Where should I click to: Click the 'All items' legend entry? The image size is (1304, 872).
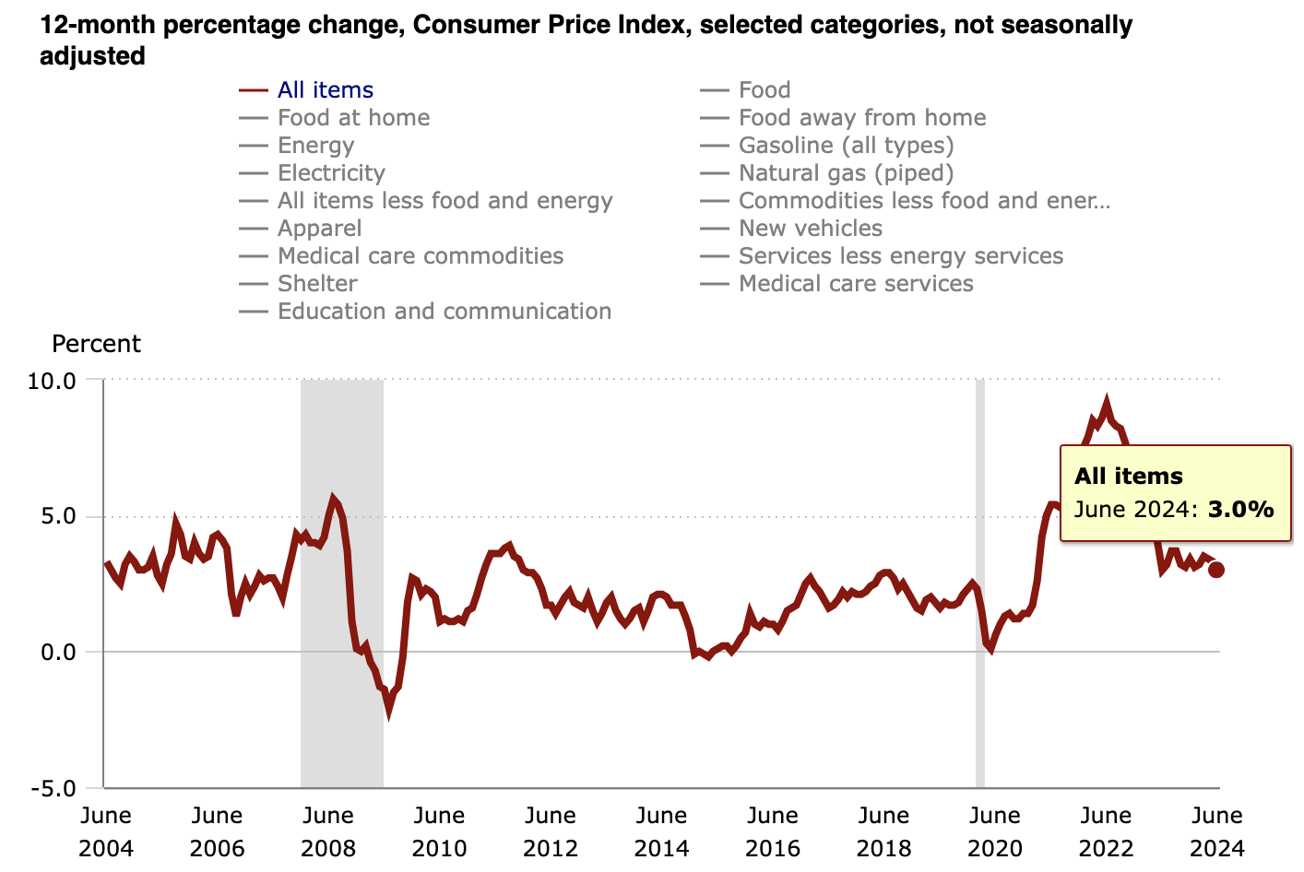click(325, 90)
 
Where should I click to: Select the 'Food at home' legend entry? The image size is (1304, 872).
click(353, 118)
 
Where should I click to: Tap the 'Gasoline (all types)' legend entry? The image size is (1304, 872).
click(846, 146)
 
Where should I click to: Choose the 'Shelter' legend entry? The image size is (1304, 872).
click(317, 284)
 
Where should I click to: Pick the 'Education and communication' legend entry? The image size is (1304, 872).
click(444, 312)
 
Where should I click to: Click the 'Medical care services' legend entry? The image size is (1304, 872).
click(855, 284)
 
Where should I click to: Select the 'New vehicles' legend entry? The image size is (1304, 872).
click(810, 229)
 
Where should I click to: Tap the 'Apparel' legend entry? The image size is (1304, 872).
click(319, 229)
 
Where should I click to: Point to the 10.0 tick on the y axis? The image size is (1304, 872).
click(52, 380)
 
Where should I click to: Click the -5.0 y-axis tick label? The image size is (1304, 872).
click(52, 789)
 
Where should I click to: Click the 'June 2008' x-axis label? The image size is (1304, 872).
click(328, 831)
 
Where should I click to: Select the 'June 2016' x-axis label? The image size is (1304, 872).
click(773, 831)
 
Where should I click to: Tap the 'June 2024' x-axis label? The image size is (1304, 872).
click(1217, 831)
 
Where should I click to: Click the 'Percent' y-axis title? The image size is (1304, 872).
click(96, 344)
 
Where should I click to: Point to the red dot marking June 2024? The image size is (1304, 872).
click(1216, 570)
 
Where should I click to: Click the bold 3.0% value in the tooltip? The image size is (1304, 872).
click(1240, 509)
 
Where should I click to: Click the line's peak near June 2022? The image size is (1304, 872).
click(1107, 403)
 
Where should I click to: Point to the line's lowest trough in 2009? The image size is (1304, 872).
click(389, 710)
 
